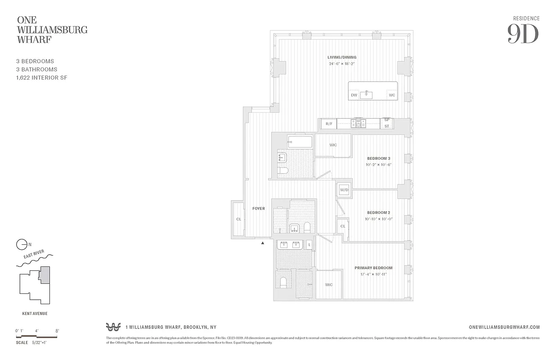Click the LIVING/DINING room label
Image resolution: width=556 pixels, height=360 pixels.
[342, 57]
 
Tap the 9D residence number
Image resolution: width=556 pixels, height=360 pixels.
[523, 34]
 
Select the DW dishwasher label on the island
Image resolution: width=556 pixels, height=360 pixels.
[354, 95]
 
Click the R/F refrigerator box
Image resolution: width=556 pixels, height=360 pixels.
[328, 124]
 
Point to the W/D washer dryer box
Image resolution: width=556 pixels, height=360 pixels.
[344, 190]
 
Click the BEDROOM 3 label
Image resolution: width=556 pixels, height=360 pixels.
[378, 158]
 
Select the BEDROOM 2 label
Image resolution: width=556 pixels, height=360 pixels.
[378, 212]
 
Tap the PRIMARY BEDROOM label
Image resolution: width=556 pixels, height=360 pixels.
[373, 268]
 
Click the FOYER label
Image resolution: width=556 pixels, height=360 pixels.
[258, 208]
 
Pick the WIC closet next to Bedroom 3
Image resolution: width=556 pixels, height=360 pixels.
[333, 145]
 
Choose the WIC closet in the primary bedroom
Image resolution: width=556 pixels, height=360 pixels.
[329, 284]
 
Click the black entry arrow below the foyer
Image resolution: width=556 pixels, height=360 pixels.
[263, 243]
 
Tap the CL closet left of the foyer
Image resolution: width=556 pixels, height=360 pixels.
[238, 220]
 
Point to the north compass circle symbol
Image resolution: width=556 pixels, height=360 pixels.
[21, 245]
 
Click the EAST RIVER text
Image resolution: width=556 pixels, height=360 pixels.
[34, 257]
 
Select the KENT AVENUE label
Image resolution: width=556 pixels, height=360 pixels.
[35, 314]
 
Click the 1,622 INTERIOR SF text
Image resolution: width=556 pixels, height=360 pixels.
[42, 78]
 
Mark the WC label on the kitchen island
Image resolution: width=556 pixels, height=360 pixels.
[392, 95]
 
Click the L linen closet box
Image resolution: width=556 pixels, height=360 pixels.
[309, 245]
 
